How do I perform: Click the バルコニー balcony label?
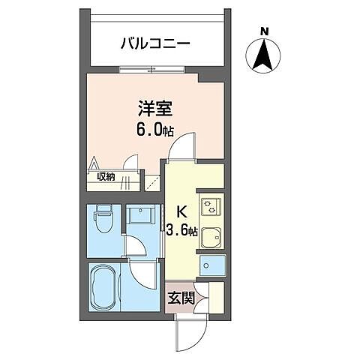click(x=155, y=43)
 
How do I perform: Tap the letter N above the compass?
click(x=263, y=31)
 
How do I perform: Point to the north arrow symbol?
click(x=263, y=56)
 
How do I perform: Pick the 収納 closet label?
click(x=106, y=177)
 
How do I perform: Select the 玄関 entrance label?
click(x=181, y=298)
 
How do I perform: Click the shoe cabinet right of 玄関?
click(x=214, y=296)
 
